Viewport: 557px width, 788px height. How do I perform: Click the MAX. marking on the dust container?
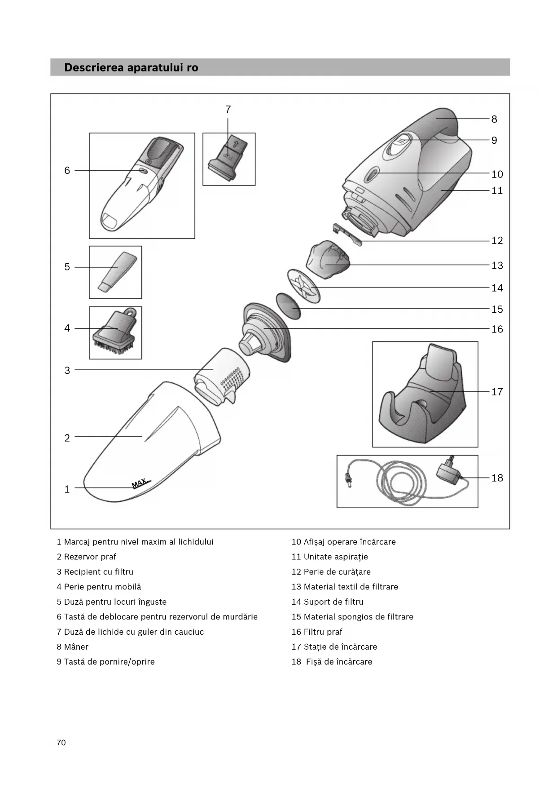pyautogui.click(x=140, y=483)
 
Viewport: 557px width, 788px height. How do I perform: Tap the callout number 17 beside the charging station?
pyautogui.click(x=497, y=392)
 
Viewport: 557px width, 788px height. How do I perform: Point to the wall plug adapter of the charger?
pyautogui.click(x=447, y=474)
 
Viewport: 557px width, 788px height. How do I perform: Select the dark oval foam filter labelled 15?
pyautogui.click(x=288, y=306)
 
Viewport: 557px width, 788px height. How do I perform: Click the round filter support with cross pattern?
pyautogui.click(x=303, y=286)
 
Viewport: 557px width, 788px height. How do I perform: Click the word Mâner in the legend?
pyautogui.click(x=76, y=647)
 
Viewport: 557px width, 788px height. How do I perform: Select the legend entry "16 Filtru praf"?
pyautogui.click(x=317, y=632)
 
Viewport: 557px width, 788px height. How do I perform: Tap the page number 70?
pyautogui.click(x=61, y=743)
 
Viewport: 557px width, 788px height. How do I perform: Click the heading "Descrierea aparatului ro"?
pyautogui.click(x=131, y=68)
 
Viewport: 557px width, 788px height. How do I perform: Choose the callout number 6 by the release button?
pyautogui.click(x=67, y=171)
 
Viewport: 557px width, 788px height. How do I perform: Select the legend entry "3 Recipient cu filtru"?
pyautogui.click(x=95, y=572)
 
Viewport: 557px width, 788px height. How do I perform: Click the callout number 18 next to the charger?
pyautogui.click(x=497, y=478)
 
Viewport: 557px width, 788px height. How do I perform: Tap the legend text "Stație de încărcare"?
pyautogui.click(x=340, y=647)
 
